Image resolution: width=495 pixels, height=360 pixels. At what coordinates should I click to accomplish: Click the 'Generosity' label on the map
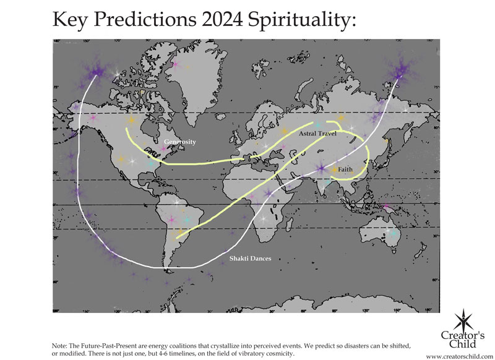point(179,142)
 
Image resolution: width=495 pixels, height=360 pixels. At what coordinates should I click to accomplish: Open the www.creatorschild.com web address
point(460,356)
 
